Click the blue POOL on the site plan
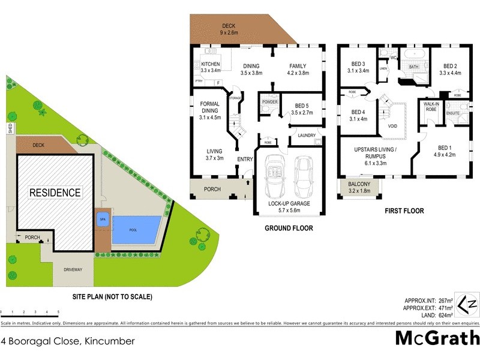click(x=137, y=229)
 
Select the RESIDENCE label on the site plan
click(x=55, y=193)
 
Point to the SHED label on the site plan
click(x=10, y=128)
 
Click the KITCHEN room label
click(x=211, y=64)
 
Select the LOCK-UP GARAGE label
click(x=290, y=203)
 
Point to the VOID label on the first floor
click(x=393, y=127)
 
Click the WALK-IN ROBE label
click(x=431, y=106)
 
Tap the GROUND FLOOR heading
click(x=289, y=229)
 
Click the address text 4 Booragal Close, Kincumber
click(x=68, y=341)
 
